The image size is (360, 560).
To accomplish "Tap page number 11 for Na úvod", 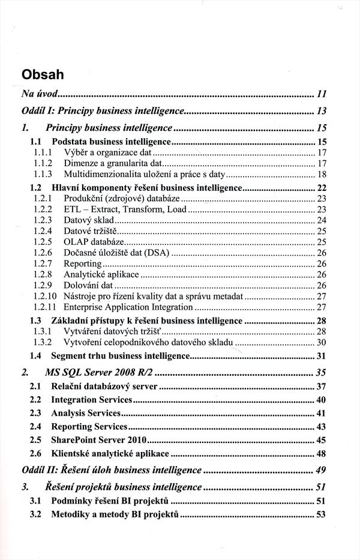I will coord(321,94).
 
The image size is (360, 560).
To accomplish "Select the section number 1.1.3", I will coord(43,174).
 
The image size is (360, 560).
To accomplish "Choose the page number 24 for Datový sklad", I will coord(321,220).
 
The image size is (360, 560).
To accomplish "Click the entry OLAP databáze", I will coord(89,242).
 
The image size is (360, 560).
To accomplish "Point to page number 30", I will coord(321,342).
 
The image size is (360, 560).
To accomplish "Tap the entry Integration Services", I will coord(91,399).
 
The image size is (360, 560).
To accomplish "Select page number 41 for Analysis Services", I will coord(321,413).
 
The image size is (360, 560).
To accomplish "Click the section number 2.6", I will coord(35,453).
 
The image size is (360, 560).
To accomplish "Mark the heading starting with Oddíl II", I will coord(111,469).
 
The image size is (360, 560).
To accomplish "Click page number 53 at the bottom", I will coord(321,514).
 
